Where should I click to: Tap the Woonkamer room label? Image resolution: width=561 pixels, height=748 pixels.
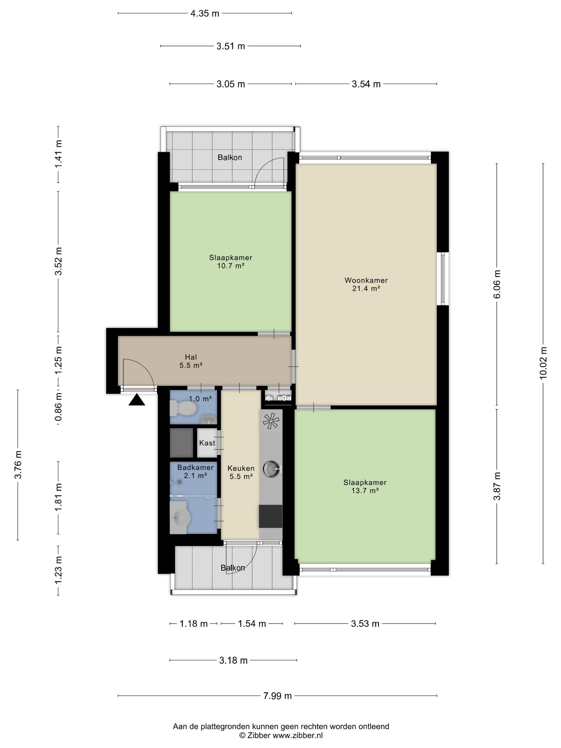click(x=366, y=280)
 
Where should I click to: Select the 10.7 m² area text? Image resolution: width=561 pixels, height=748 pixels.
click(x=231, y=266)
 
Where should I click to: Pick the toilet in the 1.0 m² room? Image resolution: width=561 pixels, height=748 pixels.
click(x=183, y=408)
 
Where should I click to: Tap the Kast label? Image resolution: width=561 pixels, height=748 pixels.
click(x=207, y=443)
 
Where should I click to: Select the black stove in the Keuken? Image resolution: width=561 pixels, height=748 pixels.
click(x=271, y=516)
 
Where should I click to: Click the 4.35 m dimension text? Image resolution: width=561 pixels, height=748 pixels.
click(x=205, y=14)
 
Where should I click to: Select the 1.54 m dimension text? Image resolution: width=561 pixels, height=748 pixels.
click(x=252, y=624)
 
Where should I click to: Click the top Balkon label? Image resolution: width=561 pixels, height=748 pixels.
click(x=229, y=157)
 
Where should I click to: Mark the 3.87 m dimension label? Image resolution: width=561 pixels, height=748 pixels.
click(x=497, y=486)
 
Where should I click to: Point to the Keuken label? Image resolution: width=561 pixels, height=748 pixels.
click(x=241, y=468)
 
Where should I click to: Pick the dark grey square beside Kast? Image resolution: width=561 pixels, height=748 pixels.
click(x=181, y=443)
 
